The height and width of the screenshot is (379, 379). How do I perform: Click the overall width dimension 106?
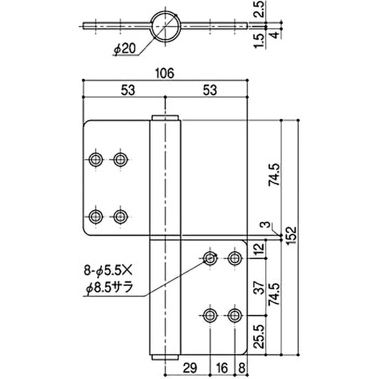pyautogui.click(x=165, y=72)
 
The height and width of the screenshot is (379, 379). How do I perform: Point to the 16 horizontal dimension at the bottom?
pyautogui.click(x=222, y=367)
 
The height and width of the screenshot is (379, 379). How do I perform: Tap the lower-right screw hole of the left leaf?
pyautogui.click(x=120, y=217)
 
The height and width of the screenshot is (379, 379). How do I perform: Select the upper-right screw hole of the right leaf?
pyautogui.click(x=234, y=258)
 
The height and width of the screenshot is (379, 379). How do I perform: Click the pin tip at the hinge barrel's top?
pyautogui.click(x=165, y=117)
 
